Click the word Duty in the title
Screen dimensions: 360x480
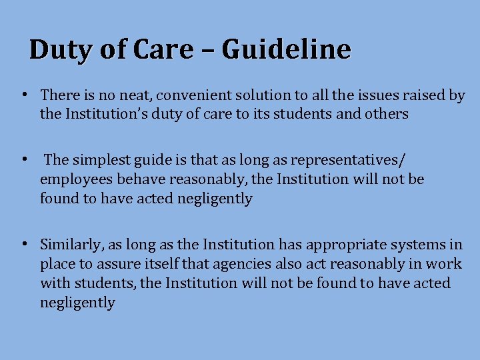pos(57,49)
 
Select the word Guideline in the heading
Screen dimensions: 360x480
pos(286,49)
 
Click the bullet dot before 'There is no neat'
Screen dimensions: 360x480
pos(23,95)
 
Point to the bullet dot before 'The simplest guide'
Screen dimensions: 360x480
pos(23,160)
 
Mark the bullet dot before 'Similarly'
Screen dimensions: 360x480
pos(23,245)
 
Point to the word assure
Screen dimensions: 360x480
pos(115,264)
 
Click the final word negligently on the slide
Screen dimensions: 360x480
pos(77,303)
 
